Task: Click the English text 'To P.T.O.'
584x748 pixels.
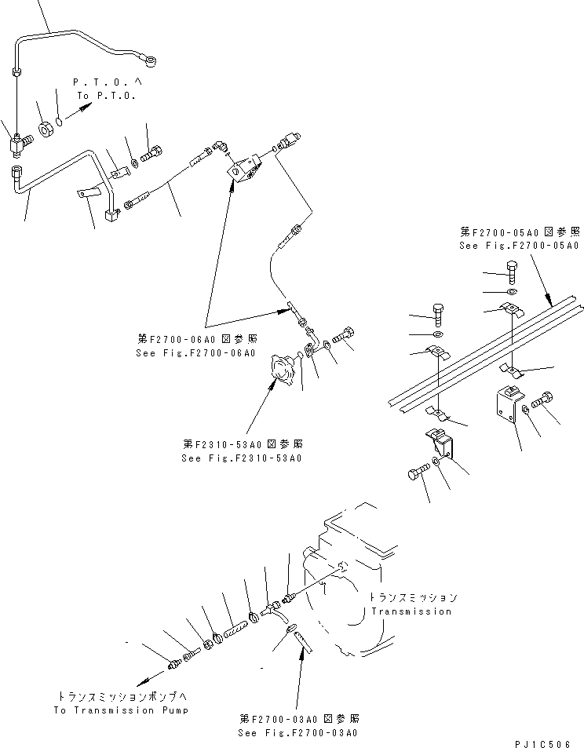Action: pyautogui.click(x=106, y=95)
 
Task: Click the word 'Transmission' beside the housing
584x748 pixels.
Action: pyautogui.click(x=411, y=611)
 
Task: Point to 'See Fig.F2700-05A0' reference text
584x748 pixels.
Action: pyautogui.click(x=519, y=246)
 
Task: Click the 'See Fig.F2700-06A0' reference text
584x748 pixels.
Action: pyautogui.click(x=195, y=353)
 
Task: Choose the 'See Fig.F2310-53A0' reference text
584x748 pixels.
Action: pyautogui.click(x=242, y=458)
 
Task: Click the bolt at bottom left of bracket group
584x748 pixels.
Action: pyautogui.click(x=416, y=476)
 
